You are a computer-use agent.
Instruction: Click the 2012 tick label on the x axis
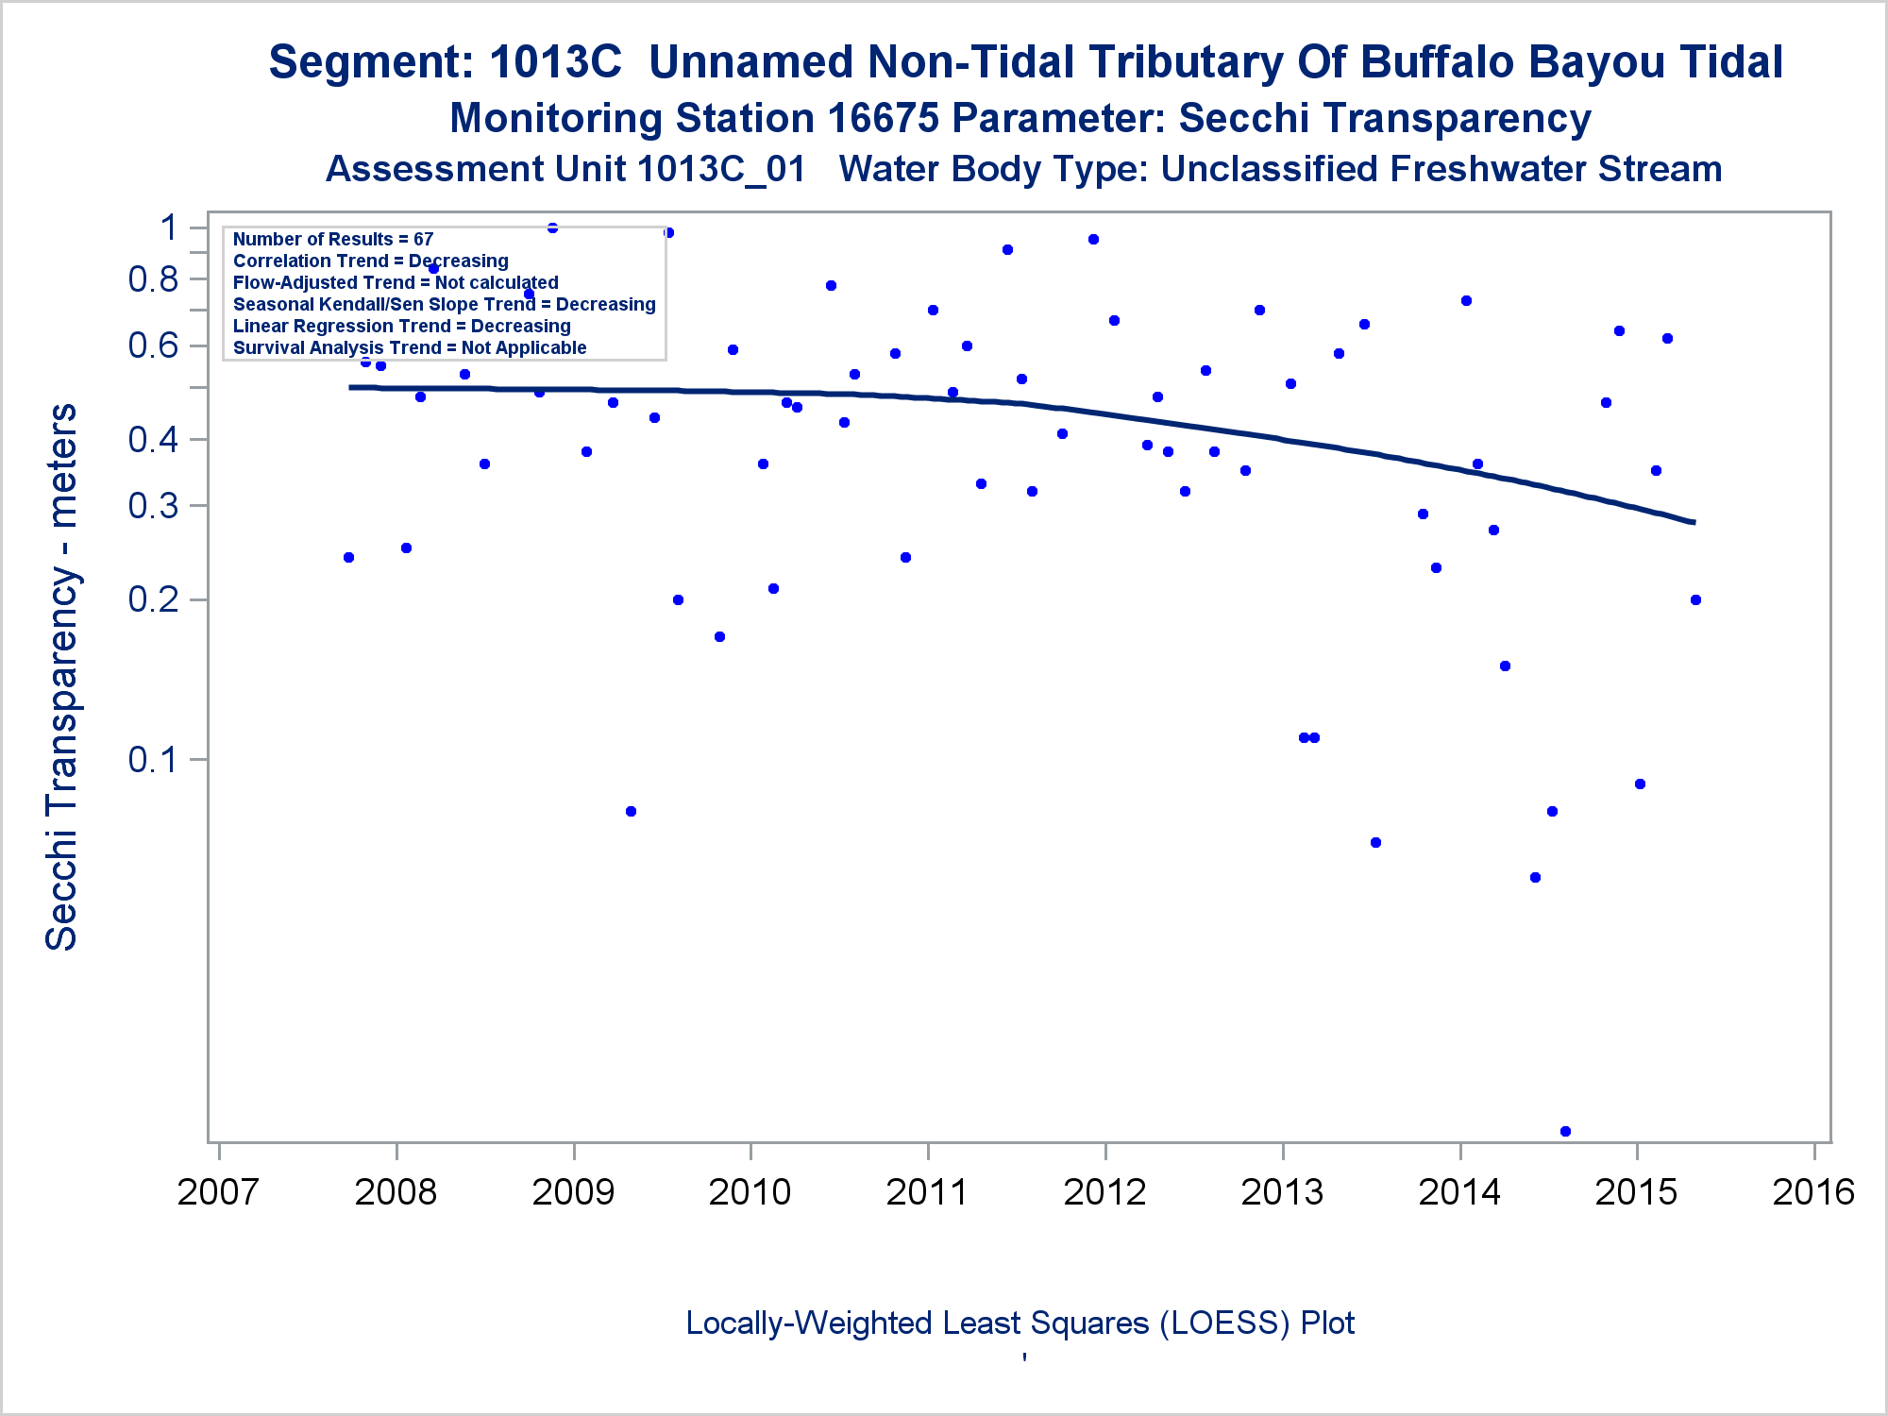tap(1104, 1191)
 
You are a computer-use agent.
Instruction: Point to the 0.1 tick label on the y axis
tap(153, 759)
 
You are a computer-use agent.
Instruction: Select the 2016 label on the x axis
tap(1813, 1191)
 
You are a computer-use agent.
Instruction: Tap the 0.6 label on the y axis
tap(153, 346)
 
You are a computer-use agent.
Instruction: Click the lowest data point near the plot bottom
tap(1565, 1131)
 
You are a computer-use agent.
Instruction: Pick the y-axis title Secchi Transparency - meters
tap(62, 677)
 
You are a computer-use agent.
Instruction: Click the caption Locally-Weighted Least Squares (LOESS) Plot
tap(1020, 1323)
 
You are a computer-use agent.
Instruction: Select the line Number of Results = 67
tap(333, 239)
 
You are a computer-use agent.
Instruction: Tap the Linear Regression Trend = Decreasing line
tap(402, 326)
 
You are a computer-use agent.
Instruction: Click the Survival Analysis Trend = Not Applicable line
tap(410, 347)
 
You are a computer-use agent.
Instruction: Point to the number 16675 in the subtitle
tap(883, 119)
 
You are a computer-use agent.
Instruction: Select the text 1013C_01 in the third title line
tap(721, 170)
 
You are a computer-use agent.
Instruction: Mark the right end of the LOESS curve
tap(1694, 522)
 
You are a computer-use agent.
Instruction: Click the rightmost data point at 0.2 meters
tap(1695, 599)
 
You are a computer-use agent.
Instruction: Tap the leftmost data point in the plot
tap(348, 557)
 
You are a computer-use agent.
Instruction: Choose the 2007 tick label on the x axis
tap(218, 1191)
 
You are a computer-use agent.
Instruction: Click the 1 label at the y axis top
tap(170, 228)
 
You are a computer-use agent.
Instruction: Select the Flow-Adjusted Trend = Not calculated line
tap(396, 282)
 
